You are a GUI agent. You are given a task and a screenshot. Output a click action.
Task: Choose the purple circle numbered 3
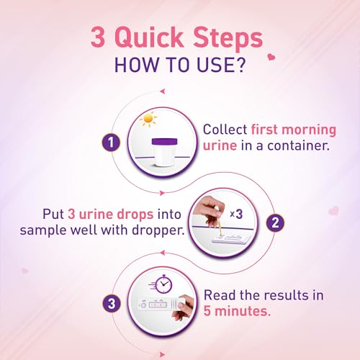(112, 304)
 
